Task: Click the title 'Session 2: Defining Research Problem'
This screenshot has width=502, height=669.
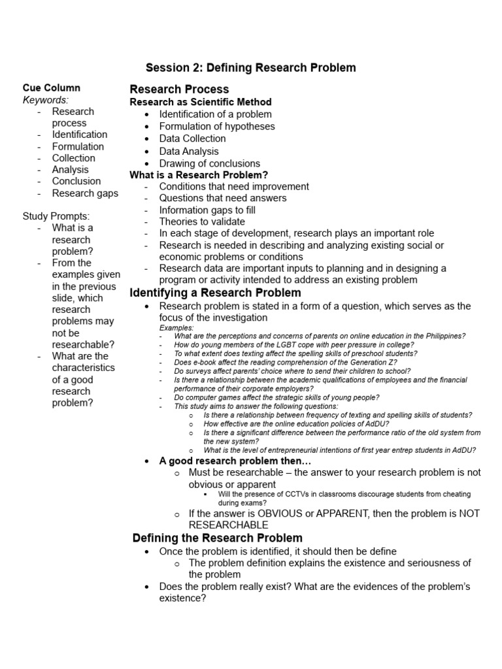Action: [250, 68]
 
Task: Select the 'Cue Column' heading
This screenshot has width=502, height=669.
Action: [52, 88]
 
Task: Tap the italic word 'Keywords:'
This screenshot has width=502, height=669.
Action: [46, 100]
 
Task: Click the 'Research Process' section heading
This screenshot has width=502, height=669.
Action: [179, 89]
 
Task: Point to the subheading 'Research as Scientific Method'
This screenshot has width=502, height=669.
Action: [201, 102]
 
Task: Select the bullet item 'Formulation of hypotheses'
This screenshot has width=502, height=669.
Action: [217, 126]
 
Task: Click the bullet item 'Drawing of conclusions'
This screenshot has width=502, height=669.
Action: [209, 163]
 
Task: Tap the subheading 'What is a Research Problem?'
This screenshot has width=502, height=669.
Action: [199, 175]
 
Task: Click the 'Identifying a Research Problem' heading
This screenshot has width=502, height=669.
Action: [215, 292]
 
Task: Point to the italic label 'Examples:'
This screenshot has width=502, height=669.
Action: [176, 327]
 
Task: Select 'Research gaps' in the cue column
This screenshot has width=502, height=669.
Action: [85, 193]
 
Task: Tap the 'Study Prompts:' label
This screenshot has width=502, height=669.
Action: [56, 216]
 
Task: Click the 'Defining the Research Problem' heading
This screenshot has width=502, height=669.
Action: [217, 538]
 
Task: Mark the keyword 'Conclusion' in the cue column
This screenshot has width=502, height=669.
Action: [76, 181]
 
